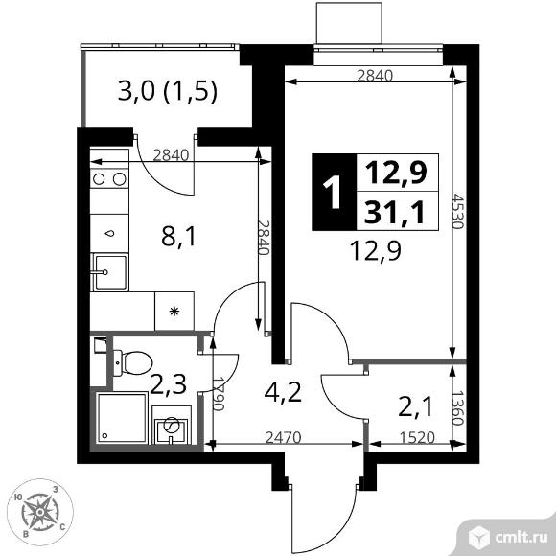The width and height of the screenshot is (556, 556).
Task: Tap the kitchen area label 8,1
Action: (178, 237)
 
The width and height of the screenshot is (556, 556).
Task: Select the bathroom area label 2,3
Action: (168, 384)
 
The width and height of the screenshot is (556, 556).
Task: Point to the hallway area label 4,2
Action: (283, 392)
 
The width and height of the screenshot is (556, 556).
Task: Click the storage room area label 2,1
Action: (416, 406)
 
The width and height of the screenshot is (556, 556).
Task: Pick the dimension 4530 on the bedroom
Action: (458, 211)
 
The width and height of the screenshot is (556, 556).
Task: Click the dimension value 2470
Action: (284, 437)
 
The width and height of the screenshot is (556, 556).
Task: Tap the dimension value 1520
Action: (417, 437)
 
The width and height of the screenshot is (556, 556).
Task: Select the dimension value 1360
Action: (458, 407)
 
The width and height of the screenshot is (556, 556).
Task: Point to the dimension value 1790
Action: (219, 394)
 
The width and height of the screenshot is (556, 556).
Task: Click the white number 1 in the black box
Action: (333, 192)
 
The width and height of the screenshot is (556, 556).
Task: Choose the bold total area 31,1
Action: (394, 213)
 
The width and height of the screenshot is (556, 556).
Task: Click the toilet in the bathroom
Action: (132, 362)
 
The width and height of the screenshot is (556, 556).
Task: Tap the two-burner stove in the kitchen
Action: (109, 178)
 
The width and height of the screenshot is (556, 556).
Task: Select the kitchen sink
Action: (109, 272)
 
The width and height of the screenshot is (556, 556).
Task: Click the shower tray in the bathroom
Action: (122, 418)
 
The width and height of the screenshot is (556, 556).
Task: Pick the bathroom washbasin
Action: (172, 426)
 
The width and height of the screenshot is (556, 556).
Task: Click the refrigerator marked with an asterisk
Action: (174, 311)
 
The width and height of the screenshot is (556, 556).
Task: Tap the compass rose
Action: (40, 512)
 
